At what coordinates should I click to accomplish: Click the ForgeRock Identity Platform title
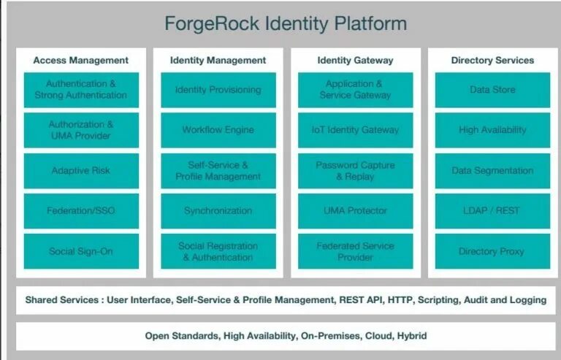(x=285, y=23)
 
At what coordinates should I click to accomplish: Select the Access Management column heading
(x=81, y=61)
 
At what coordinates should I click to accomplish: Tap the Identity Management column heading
(x=218, y=61)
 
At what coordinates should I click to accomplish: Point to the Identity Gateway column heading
(x=355, y=61)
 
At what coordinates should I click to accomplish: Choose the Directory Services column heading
(x=492, y=61)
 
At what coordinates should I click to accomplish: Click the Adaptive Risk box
(x=81, y=170)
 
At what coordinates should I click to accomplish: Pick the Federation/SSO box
(x=81, y=211)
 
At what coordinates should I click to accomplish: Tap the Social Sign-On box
(x=81, y=251)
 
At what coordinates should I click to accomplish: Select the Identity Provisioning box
(x=218, y=90)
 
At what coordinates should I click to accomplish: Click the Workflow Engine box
(x=218, y=130)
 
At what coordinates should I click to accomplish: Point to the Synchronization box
(x=218, y=211)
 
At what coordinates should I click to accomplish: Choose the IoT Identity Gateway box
(x=355, y=130)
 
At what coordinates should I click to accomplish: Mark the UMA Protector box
(x=355, y=211)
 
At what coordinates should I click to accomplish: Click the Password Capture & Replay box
(x=355, y=170)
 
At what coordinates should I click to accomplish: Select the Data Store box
(x=492, y=90)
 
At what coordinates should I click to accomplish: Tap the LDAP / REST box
(x=492, y=211)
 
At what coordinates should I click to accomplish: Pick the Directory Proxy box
(x=492, y=251)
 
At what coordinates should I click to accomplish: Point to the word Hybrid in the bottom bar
(x=412, y=337)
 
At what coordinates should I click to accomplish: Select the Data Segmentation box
(x=492, y=170)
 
